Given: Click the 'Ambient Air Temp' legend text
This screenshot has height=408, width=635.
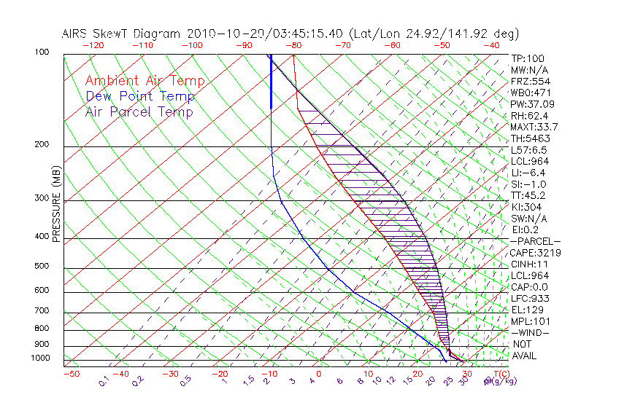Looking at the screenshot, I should [x=145, y=81].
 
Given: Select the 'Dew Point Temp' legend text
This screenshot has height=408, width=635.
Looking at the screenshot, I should [x=140, y=96].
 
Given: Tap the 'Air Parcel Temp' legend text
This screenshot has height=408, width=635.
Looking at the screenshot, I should [x=139, y=111].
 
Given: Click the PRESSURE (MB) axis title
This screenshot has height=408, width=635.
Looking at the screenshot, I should [x=56, y=205].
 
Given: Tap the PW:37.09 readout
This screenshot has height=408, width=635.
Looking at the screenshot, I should [x=531, y=104].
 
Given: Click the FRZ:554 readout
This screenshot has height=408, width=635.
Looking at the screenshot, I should [x=528, y=82].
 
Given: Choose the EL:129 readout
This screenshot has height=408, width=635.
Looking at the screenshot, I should [x=526, y=310].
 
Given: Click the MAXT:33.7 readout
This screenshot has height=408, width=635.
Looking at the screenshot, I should [x=534, y=127].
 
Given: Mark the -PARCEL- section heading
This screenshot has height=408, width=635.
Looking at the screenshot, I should [x=535, y=241].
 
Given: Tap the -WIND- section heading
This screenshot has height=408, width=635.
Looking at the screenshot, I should [x=530, y=332].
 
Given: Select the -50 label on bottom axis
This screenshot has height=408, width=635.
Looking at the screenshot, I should [x=71, y=374].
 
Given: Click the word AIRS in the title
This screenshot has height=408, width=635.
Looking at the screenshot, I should [x=75, y=34].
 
